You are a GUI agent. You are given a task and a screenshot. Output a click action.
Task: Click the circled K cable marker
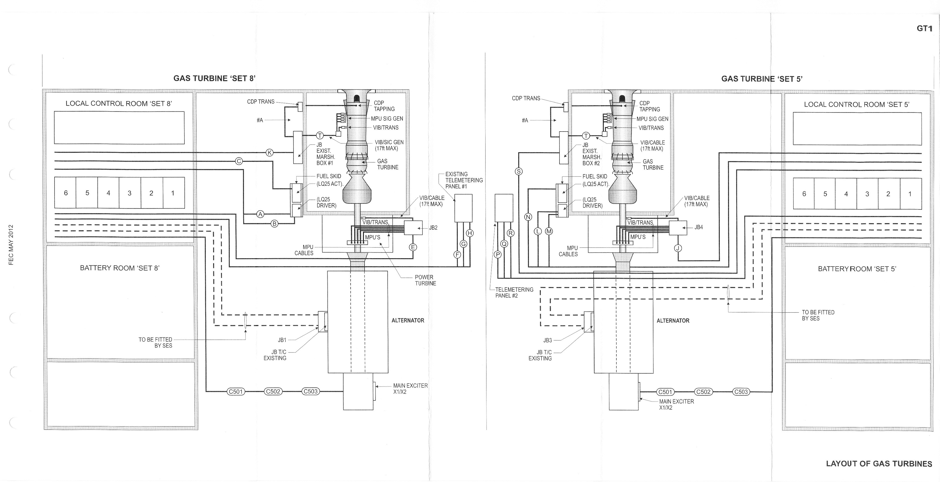(270, 152)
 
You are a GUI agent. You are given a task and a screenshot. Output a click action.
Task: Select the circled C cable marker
(239, 161)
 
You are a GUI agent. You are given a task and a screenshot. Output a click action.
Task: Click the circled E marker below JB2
(413, 247)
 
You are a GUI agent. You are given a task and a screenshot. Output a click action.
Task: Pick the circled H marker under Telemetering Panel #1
(470, 233)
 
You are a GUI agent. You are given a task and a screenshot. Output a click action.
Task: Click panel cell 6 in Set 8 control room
(65, 193)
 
